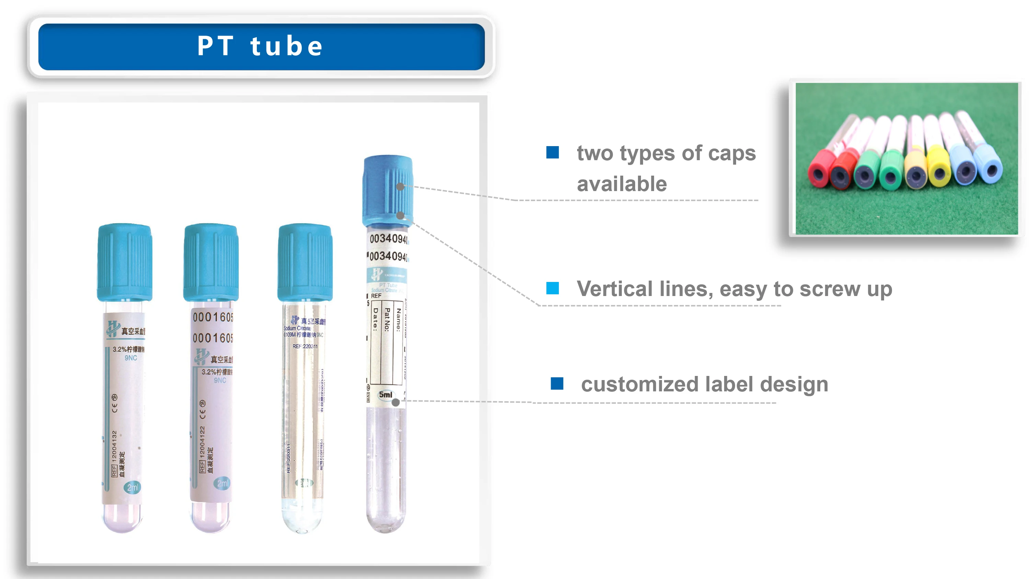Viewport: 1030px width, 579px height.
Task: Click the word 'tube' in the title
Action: (286, 46)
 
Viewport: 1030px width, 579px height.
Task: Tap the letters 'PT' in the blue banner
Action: (216, 46)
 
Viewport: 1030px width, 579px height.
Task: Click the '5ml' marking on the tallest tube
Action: (386, 395)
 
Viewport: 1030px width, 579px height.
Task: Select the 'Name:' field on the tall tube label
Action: (398, 320)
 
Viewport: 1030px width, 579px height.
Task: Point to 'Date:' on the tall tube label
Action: (375, 319)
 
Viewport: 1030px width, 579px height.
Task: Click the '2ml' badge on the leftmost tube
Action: (132, 487)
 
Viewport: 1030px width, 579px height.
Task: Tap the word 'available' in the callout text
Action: (622, 184)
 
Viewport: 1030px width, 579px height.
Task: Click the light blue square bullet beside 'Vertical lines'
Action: (552, 288)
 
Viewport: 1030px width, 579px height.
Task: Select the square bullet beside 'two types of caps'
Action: (552, 152)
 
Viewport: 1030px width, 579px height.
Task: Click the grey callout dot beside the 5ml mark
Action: (396, 402)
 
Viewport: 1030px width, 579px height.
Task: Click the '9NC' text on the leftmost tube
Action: (131, 358)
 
